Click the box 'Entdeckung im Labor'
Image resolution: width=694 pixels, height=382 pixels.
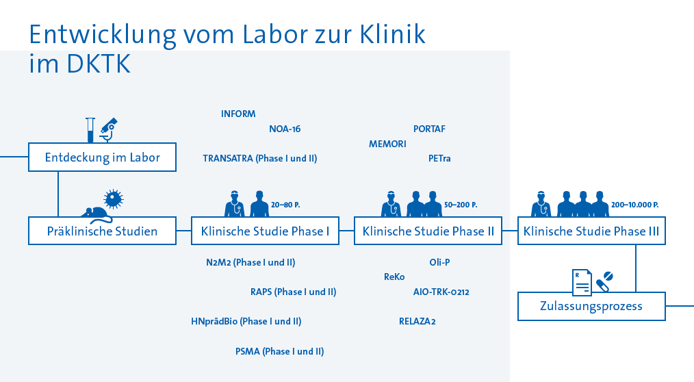pos(103,157)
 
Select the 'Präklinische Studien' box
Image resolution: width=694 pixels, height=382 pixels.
pos(102,231)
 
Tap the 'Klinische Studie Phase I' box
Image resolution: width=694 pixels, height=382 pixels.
pos(265,231)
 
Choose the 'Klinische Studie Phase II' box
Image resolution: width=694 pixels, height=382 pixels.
pos(428,231)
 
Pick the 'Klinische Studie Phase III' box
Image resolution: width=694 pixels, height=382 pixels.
pos(591,231)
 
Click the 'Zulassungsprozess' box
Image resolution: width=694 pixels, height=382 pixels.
pos(591,306)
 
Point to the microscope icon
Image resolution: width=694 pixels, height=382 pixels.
pos(107,129)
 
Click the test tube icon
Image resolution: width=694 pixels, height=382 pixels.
pos(90,129)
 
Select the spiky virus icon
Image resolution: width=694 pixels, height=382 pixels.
pos(112,199)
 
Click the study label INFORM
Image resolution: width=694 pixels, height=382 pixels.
pos(238,114)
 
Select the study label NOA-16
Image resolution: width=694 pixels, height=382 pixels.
pos(285,129)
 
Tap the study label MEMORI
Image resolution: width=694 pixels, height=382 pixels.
pos(387,144)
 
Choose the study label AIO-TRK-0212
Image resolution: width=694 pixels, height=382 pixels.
pos(441,292)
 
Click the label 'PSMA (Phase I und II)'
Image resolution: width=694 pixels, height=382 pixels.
pos(279,351)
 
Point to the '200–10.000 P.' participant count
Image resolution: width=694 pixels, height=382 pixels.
pos(634,205)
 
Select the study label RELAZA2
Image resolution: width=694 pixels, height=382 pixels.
pos(417,321)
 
